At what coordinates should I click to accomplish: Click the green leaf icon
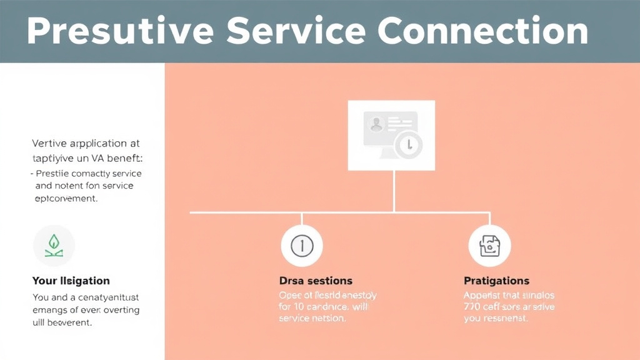(x=53, y=245)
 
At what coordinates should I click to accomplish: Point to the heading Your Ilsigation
(x=71, y=281)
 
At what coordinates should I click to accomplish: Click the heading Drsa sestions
(x=316, y=281)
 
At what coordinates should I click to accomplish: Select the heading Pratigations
(x=496, y=281)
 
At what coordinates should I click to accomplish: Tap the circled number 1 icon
(x=302, y=246)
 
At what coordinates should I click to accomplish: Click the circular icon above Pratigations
(x=489, y=246)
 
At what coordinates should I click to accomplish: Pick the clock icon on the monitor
(x=409, y=144)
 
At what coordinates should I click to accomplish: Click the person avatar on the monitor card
(x=376, y=125)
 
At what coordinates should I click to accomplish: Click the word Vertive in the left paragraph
(x=49, y=142)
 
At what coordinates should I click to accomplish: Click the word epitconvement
(x=66, y=199)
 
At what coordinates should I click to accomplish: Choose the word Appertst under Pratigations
(x=484, y=295)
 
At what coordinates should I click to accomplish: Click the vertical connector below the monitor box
(x=393, y=191)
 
